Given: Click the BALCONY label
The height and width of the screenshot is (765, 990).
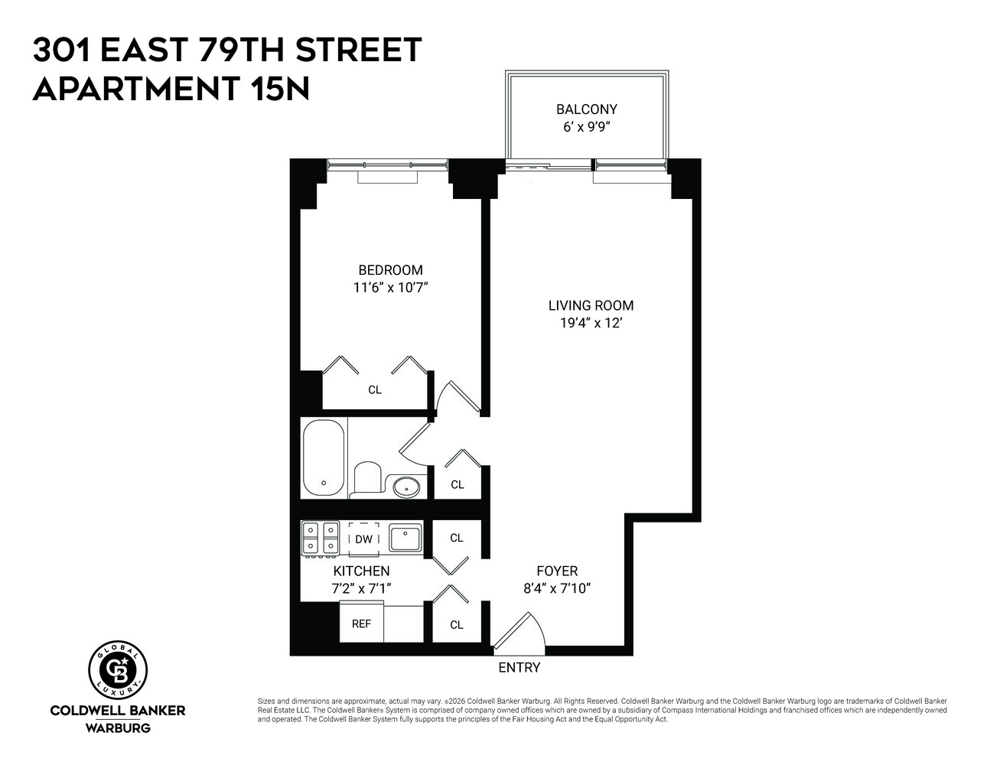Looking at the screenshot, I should [586, 109].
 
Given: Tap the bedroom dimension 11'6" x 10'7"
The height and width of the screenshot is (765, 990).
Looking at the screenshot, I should [390, 288].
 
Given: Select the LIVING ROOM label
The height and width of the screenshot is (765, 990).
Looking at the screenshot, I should [591, 305].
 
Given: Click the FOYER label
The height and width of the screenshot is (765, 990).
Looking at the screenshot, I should [556, 571].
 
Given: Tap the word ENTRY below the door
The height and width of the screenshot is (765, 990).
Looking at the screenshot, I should [519, 667].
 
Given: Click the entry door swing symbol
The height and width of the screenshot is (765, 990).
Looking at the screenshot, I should [520, 632].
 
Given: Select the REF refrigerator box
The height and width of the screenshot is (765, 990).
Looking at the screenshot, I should [361, 623].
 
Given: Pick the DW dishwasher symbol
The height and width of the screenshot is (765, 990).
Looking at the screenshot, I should [363, 539].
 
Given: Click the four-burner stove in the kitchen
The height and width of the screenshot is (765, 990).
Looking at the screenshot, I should [321, 537].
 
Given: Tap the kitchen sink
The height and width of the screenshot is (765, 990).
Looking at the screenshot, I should [405, 538].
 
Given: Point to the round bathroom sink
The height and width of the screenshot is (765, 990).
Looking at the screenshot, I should [406, 485].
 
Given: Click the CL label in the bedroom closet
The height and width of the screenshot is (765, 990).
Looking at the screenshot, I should [374, 389].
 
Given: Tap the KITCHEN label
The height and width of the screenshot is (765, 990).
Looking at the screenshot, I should [361, 571].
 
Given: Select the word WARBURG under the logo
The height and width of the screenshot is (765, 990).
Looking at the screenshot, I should [118, 727].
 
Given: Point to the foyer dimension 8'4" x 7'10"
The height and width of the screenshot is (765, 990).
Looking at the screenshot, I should [557, 588].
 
